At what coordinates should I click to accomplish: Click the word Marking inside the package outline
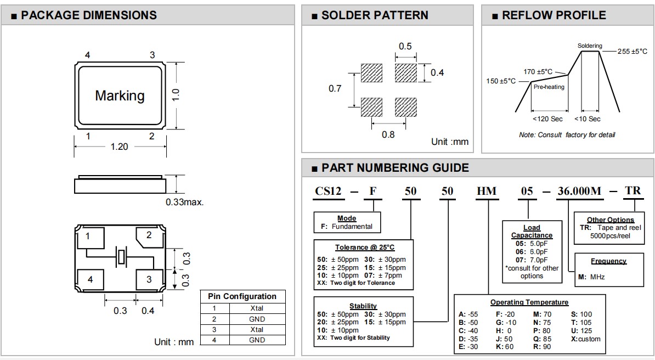click(120, 95)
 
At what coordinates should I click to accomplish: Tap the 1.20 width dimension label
click(119, 147)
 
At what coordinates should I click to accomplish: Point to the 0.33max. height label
click(185, 202)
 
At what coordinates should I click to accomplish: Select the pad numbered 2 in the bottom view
click(149, 236)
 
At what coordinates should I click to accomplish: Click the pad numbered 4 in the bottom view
click(91, 279)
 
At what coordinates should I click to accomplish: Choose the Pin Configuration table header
click(242, 296)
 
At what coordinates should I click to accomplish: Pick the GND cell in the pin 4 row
click(257, 340)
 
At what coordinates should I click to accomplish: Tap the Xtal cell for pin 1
click(257, 308)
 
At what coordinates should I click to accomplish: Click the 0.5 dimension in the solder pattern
click(405, 46)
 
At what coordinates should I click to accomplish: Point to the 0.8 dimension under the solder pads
click(388, 134)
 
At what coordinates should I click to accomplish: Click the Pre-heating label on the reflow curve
click(549, 87)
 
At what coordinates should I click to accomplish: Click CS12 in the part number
click(329, 192)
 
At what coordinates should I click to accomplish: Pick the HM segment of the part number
click(487, 192)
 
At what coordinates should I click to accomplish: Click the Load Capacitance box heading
click(532, 231)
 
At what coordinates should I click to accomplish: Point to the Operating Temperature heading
click(529, 302)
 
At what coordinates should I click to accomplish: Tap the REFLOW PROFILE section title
click(554, 15)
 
